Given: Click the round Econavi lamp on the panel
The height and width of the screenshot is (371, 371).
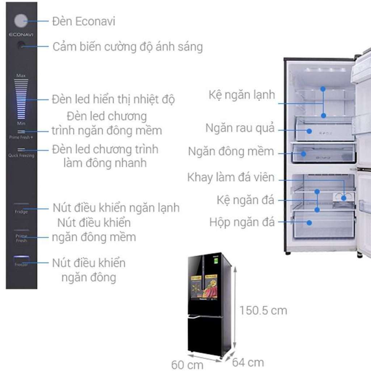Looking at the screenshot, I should click(21, 21).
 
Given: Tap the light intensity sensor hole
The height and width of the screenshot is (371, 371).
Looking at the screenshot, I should click(21, 46).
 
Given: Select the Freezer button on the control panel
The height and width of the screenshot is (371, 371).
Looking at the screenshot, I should click(21, 261).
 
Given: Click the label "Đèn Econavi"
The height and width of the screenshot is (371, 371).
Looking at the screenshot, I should click(84, 21).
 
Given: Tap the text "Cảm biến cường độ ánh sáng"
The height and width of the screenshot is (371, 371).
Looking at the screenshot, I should click(127, 47).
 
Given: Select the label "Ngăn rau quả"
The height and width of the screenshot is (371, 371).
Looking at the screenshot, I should click(240, 128).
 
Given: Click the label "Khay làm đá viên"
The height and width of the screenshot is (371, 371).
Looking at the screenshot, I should click(231, 178).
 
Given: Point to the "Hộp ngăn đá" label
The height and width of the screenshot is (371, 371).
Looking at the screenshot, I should click(241, 222).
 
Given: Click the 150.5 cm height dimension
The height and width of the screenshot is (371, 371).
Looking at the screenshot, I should click(263, 310).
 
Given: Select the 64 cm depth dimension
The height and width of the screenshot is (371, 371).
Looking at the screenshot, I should click(248, 362).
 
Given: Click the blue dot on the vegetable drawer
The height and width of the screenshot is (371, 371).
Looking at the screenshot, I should click(309, 131).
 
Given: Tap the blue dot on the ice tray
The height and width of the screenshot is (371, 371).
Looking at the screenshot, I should click(343, 198).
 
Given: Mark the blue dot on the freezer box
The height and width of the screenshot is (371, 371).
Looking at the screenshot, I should click(309, 223).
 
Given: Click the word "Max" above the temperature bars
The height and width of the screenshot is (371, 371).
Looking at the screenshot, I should click(21, 76).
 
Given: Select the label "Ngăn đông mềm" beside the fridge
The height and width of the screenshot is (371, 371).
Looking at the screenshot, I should click(231, 152).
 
